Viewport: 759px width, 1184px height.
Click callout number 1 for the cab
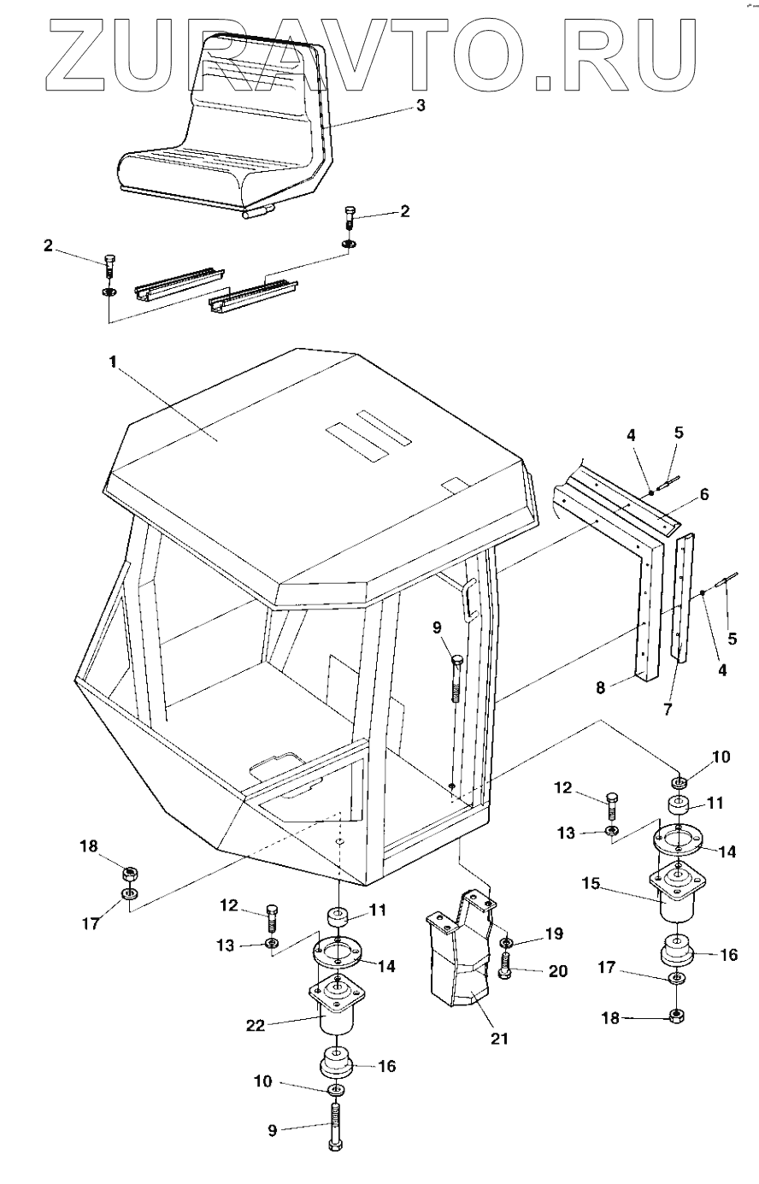pyautogui.click(x=111, y=362)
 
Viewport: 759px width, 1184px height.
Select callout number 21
pyautogui.click(x=498, y=1040)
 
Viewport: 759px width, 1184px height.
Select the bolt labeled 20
pyautogui.click(x=505, y=969)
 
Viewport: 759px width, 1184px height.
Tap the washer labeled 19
pyautogui.click(x=505, y=942)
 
